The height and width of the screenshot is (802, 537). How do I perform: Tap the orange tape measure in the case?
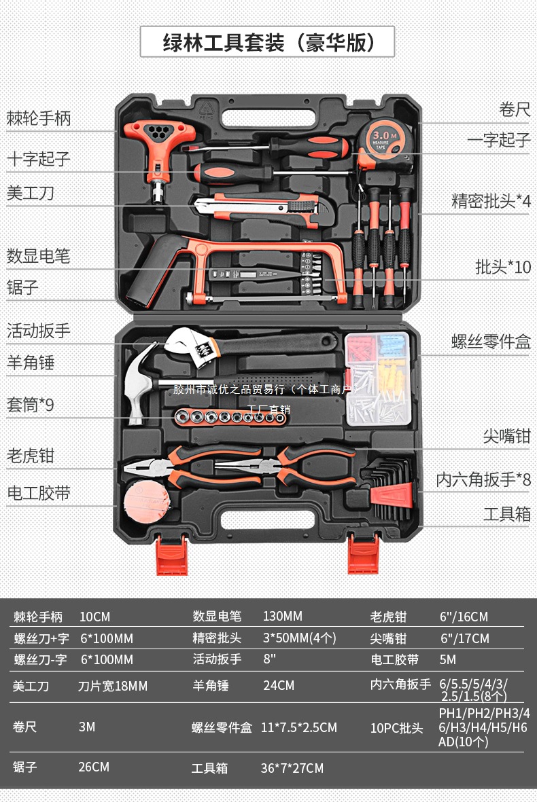(383, 143)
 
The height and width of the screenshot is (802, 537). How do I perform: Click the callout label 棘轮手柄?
(39, 119)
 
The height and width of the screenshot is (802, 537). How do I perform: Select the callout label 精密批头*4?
(490, 201)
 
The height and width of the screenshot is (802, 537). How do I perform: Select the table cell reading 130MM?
(282, 617)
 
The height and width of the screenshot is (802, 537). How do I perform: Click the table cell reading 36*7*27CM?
(292, 768)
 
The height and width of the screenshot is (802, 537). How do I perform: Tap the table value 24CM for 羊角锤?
(279, 685)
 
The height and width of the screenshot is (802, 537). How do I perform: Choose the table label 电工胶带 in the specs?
(394, 659)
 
